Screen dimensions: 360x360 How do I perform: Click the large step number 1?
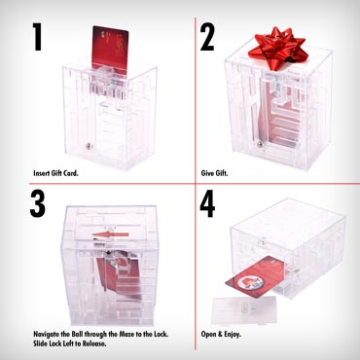pos(38,36)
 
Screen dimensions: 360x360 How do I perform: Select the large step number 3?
pos(38,203)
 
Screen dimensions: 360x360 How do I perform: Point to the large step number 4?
pos(207,203)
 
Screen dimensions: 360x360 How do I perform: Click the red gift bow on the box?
pos(278,48)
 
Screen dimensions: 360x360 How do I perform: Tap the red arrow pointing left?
pos(110,234)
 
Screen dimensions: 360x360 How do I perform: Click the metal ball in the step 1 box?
pos(88,147)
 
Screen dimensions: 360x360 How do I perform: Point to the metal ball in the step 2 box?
pos(261,144)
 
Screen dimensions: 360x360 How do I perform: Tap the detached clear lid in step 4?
pos(243,310)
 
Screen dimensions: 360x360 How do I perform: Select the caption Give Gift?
pos(214,173)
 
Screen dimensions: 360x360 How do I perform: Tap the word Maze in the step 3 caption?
pos(126,334)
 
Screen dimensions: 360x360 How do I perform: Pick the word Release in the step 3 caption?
pos(94,344)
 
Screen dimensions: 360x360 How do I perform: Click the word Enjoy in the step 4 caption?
pos(232,335)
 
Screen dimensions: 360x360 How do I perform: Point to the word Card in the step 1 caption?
pos(71,173)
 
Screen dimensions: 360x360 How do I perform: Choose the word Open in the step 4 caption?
pos(208,335)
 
